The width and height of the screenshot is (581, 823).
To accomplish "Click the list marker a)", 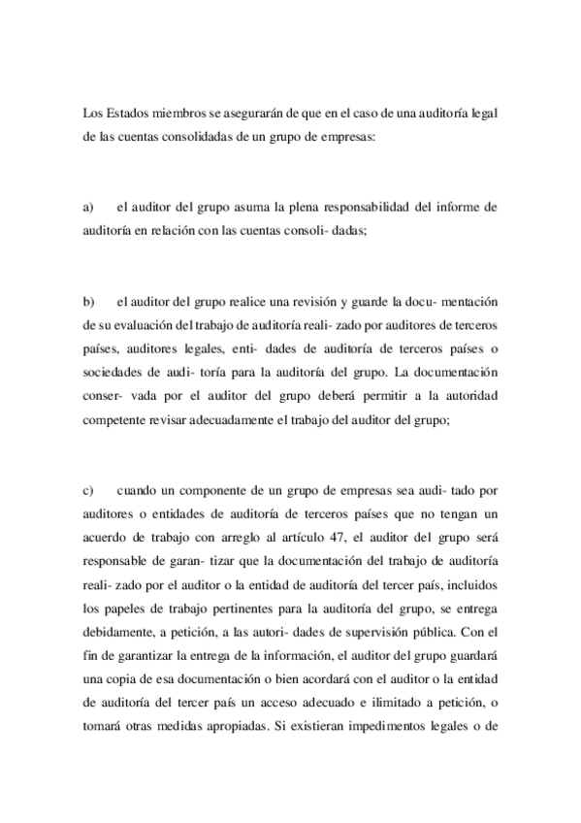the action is (88, 207).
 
